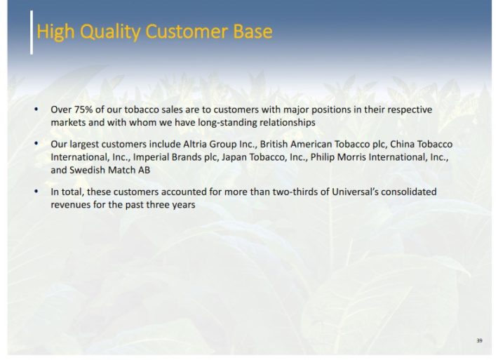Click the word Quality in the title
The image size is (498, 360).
(110, 32)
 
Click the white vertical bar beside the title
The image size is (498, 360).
(32, 32)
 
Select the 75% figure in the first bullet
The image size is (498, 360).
(83, 109)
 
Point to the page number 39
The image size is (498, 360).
(479, 340)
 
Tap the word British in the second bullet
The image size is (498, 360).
(274, 145)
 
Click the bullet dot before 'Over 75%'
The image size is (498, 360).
(36, 109)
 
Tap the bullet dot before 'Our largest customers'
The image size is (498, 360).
(36, 145)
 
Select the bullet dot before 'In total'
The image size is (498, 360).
(36, 192)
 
